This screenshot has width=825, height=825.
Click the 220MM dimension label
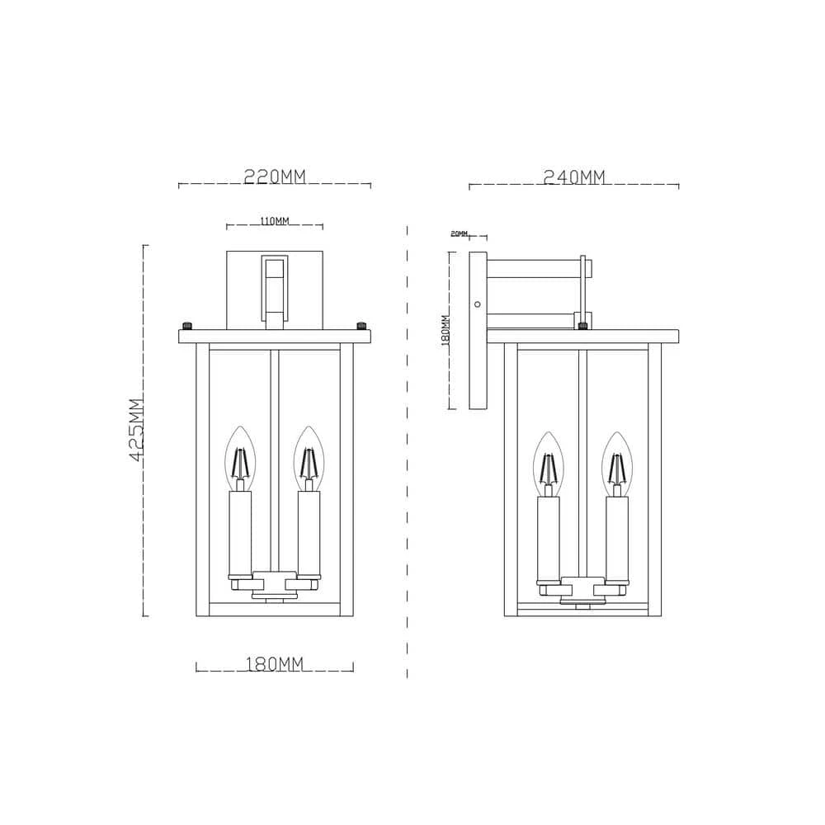[x=275, y=177]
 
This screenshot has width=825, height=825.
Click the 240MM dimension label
[x=574, y=177]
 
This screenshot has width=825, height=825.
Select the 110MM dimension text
[x=274, y=221]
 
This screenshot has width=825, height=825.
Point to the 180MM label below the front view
[x=275, y=665]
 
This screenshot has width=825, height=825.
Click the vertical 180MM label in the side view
[x=445, y=330]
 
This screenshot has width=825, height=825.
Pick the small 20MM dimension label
[x=459, y=234]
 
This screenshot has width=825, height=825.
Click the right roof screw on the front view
[x=361, y=324]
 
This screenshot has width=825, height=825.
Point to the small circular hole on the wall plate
[x=477, y=304]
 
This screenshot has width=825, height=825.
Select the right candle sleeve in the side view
[x=615, y=538]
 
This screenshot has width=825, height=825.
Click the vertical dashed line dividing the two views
[x=408, y=454]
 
